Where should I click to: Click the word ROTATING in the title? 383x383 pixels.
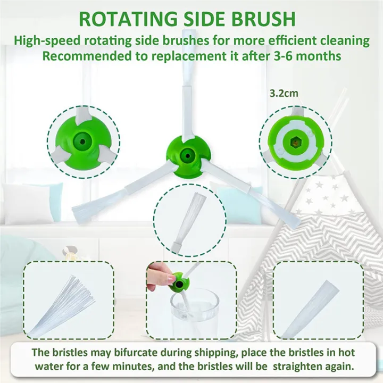[x=128, y=19]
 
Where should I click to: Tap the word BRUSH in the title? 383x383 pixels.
[x=263, y=19]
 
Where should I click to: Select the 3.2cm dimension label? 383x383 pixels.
[x=284, y=93]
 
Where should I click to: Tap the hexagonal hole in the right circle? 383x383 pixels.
[x=295, y=141]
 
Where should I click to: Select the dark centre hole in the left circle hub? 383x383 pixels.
[x=82, y=141]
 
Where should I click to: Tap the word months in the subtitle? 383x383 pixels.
[x=319, y=56]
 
